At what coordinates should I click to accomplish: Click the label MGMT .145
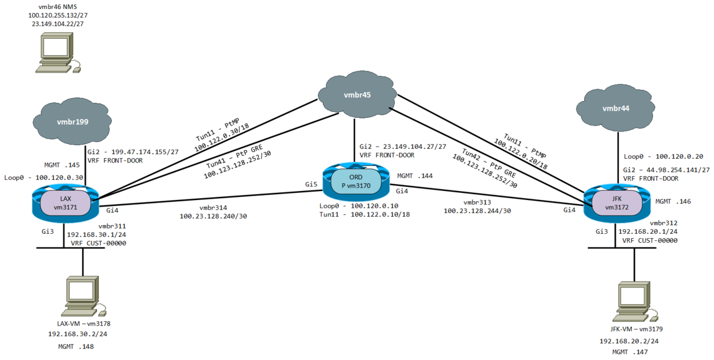pyautogui.click(x=62, y=165)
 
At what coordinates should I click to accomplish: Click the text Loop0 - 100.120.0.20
pyautogui.click(x=663, y=157)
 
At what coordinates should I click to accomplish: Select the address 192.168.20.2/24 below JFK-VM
pyautogui.click(x=630, y=341)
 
